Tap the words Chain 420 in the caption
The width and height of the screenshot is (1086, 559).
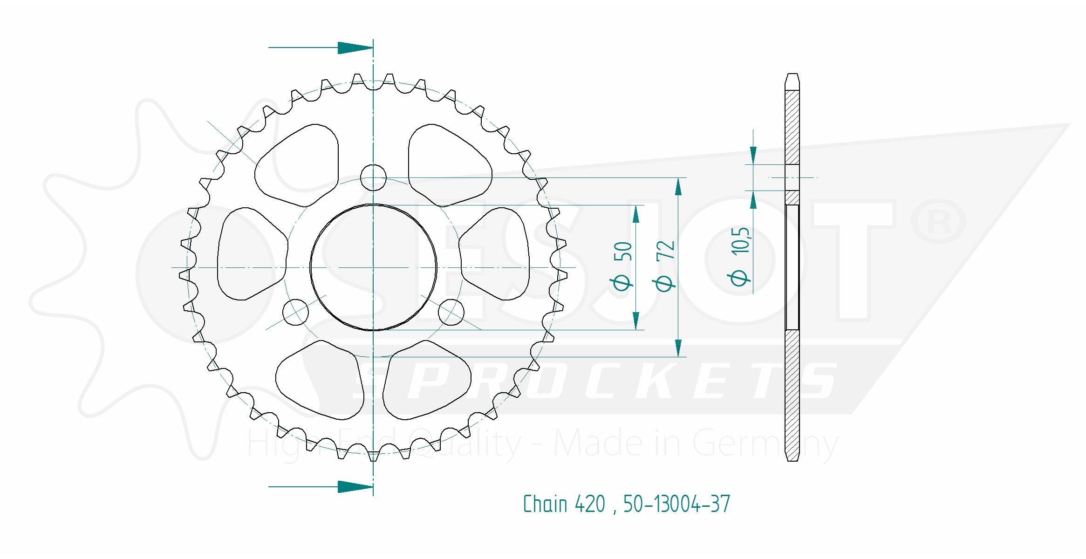click(x=564, y=504)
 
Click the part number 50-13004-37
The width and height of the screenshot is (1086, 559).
click(x=676, y=504)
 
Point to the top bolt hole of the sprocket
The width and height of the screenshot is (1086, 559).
click(x=373, y=177)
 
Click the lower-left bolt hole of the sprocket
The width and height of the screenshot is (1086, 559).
click(x=295, y=312)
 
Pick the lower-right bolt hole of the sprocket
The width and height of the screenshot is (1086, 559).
click(x=451, y=312)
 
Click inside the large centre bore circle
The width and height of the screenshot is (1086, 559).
click(x=373, y=267)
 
